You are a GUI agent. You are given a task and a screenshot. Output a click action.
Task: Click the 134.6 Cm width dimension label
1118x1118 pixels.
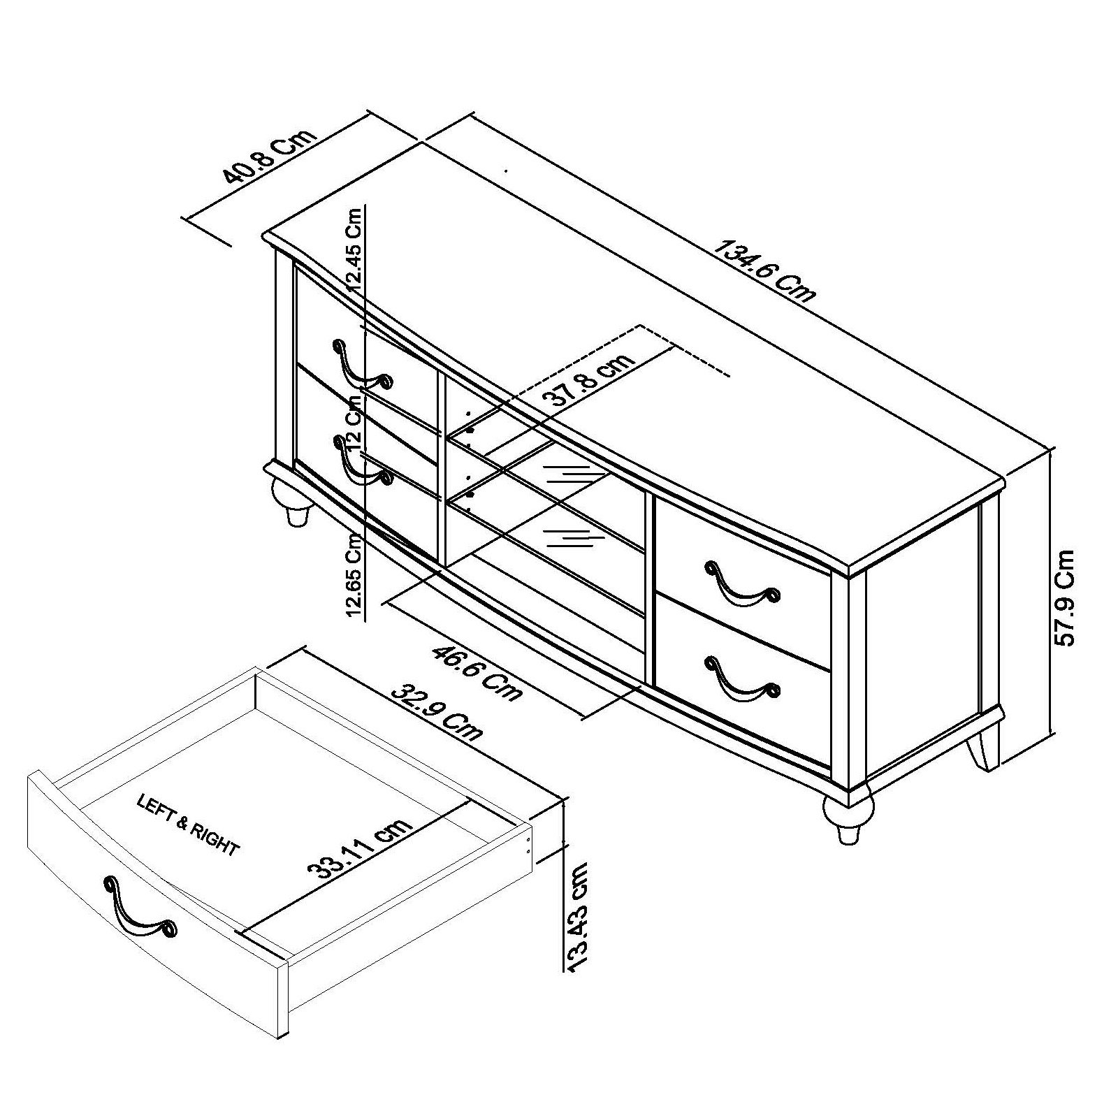(764, 270)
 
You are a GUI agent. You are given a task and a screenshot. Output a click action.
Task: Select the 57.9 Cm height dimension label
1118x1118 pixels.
(1066, 597)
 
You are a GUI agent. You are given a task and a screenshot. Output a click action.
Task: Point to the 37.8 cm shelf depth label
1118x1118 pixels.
(588, 381)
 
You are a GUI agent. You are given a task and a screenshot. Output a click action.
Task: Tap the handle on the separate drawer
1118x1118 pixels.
(140, 908)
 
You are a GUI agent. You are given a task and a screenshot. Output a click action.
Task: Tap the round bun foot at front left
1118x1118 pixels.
(293, 499)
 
